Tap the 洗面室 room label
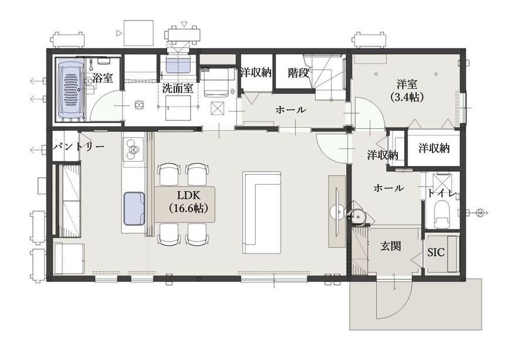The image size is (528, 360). pos(177,88)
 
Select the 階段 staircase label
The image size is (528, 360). pos(299,73)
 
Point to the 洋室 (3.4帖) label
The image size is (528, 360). pos(407,90)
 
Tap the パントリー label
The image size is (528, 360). pos(79,147)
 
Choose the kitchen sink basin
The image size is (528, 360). pos(134,208)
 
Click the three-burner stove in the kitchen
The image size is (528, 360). pos(134,150)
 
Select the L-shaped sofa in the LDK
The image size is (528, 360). pos(261,213)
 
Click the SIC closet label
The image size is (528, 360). pos(436,252)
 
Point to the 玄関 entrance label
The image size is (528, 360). pos(391,246)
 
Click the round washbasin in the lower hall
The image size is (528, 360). pos(357,215)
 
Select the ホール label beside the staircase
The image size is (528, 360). pos(290,110)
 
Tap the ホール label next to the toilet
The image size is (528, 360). pos(388,188)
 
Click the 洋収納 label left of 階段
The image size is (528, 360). pos(256,72)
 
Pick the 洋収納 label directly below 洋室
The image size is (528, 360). pos(434,148)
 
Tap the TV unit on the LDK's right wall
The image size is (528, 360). pos(337,211)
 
